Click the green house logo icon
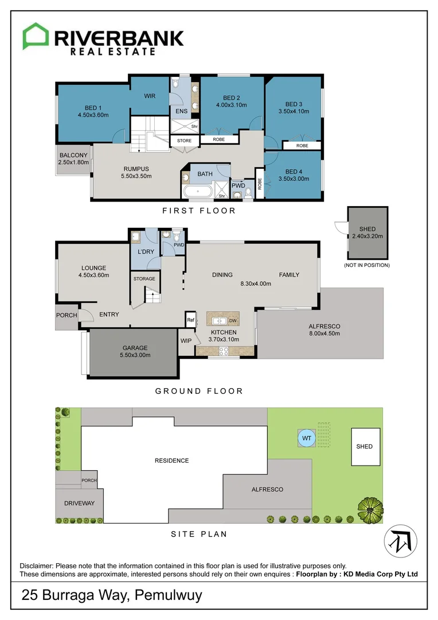tap(36, 37)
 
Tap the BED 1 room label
tap(93, 108)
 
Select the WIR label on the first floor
tap(149, 96)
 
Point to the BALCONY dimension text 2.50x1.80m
tap(73, 163)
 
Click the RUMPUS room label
tap(136, 168)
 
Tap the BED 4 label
tap(293, 171)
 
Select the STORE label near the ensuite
tap(184, 140)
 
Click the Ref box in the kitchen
tap(190, 320)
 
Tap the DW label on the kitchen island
tap(233, 320)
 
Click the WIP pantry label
tap(186, 341)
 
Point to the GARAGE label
tap(135, 347)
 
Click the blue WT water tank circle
tap(306, 438)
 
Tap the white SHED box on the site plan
tap(365, 447)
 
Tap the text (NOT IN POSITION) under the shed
tap(366, 265)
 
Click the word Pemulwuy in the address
tap(169, 595)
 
